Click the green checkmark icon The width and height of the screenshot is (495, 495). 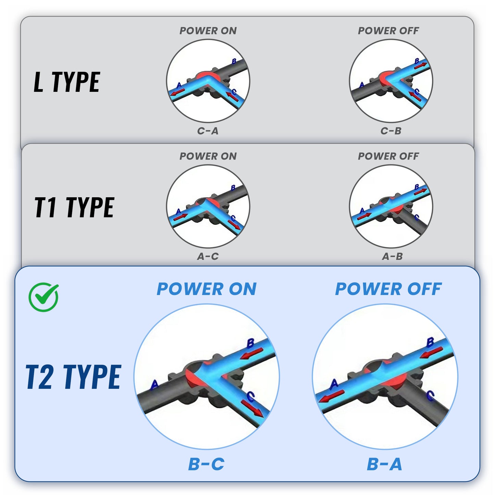click(44, 297)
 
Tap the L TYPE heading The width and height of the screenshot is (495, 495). click(67, 82)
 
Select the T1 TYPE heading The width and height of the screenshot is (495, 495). click(74, 207)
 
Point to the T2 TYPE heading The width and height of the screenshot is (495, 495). click(73, 377)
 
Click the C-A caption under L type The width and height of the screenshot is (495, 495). click(208, 131)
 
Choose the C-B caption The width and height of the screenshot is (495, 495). click(391, 131)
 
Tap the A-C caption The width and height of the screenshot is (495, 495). click(208, 256)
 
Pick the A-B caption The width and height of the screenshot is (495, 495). click(392, 256)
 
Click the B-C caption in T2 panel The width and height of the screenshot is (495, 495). click(206, 464)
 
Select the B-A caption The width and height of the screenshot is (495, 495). click(384, 464)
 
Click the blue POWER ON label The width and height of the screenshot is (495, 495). click(207, 289)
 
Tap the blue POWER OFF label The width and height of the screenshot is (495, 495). click(388, 289)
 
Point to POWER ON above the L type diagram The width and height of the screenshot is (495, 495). click(208, 31)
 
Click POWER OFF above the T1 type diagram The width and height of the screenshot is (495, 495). click(388, 156)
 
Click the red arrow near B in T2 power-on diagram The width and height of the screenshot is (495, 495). click(252, 353)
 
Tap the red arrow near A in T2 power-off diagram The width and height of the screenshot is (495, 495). click(331, 396)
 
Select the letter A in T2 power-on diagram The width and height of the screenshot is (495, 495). click(154, 385)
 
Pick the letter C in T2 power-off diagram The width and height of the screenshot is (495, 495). click(430, 396)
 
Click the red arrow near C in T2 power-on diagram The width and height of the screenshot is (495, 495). click(252, 408)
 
